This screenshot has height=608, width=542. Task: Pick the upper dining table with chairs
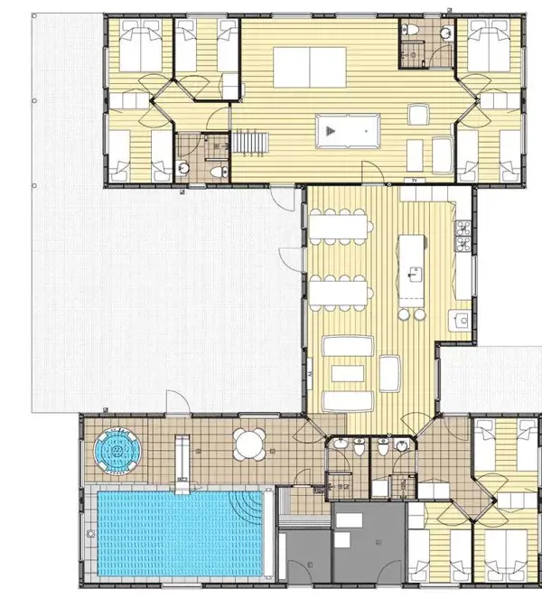pyautogui.click(x=339, y=222)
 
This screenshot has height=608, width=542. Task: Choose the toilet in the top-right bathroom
pyautogui.click(x=411, y=32)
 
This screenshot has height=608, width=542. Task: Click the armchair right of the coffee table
pyautogui.click(x=391, y=370)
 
